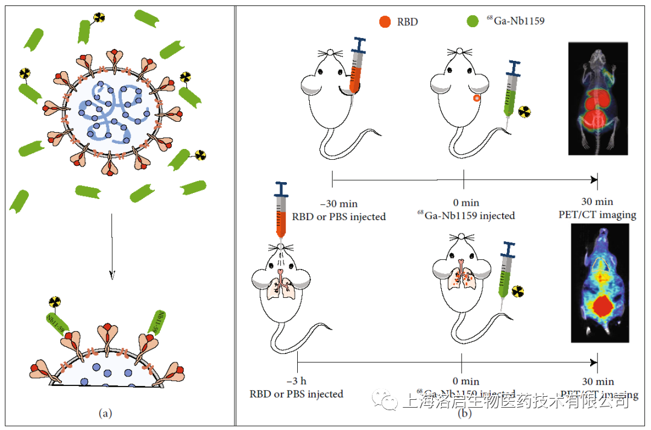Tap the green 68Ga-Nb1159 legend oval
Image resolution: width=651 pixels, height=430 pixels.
(472, 22)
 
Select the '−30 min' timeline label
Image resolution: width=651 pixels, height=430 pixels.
(339, 203)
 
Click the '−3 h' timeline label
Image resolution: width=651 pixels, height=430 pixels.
(296, 381)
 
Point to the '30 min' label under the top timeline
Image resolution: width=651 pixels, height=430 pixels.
(597, 202)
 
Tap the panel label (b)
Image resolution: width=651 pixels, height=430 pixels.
(464, 413)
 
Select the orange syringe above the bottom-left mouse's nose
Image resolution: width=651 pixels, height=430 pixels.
(281, 211)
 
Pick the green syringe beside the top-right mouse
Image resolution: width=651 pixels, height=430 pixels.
(511, 90)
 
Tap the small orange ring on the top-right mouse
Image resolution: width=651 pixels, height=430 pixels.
(477, 98)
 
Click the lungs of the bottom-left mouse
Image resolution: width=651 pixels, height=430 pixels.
(281, 286)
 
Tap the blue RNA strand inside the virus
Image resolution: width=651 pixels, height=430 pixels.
(112, 112)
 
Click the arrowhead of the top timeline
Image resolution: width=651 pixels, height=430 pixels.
(594, 179)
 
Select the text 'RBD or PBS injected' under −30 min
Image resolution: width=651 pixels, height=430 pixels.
(339, 216)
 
